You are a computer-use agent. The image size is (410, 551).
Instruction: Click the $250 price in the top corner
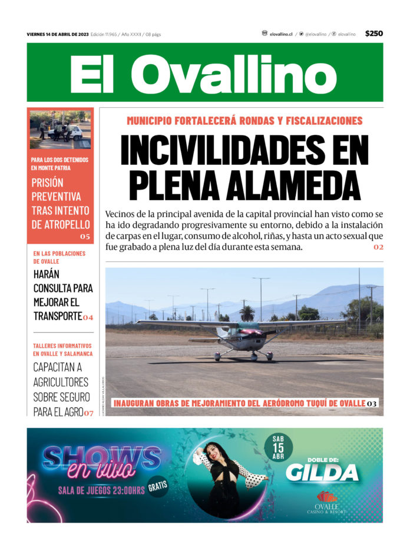[373, 34]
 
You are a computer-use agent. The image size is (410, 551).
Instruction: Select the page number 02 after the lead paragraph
[378, 247]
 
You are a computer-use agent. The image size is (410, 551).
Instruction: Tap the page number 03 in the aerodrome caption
[372, 404]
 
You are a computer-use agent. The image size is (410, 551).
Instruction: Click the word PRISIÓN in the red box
[48, 182]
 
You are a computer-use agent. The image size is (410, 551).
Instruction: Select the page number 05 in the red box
[85, 237]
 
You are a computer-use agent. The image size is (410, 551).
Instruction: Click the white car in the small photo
[69, 132]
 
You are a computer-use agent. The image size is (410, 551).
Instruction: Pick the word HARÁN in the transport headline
[47, 274]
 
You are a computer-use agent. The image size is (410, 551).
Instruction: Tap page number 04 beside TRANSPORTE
[88, 317]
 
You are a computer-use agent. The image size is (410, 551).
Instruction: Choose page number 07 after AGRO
[88, 413]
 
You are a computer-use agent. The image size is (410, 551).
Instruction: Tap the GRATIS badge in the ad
[158, 486]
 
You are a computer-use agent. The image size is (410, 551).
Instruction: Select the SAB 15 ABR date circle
[278, 447]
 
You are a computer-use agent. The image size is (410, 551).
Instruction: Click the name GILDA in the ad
[322, 472]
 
